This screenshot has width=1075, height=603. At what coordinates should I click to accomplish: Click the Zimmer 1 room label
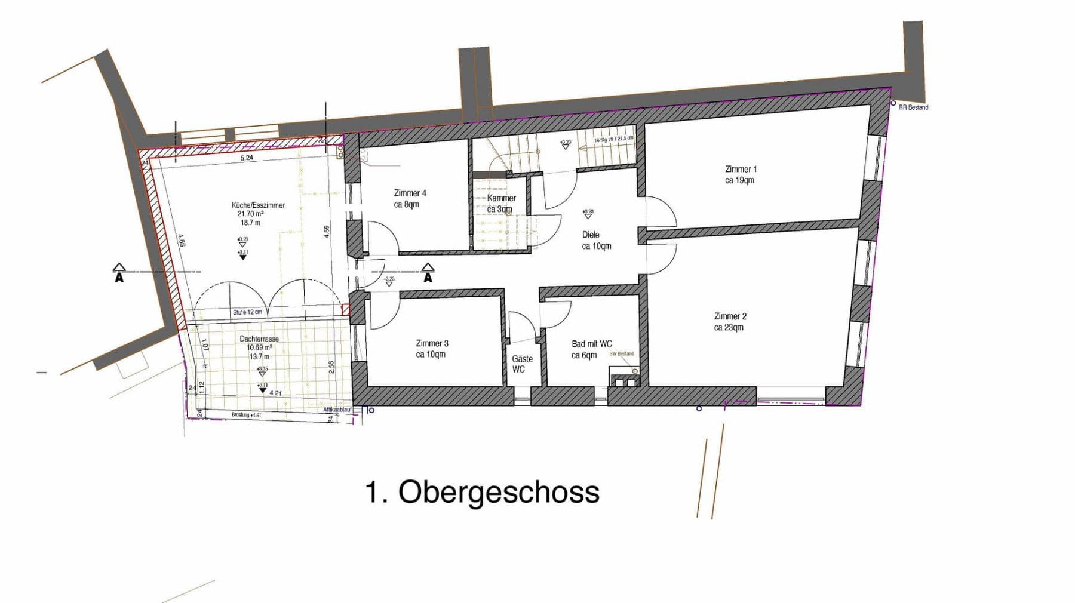[x=740, y=174]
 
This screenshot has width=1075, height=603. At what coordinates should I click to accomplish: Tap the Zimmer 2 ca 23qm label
[x=729, y=322]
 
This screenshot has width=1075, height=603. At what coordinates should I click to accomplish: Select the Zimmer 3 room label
[x=431, y=349]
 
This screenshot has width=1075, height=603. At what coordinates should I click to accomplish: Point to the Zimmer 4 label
[x=410, y=198]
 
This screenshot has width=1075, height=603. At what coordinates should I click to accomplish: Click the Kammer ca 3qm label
[x=501, y=203]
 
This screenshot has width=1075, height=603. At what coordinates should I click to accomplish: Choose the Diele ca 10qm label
[x=596, y=240]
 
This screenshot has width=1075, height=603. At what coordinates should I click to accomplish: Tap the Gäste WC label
[x=521, y=364]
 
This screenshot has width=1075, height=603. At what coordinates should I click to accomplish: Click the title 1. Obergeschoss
[x=481, y=492]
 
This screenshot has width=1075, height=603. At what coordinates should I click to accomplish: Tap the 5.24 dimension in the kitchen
[x=247, y=158]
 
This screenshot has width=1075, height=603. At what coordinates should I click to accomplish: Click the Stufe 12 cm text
[x=247, y=312]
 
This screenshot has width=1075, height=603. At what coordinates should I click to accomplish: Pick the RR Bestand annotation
[x=913, y=107]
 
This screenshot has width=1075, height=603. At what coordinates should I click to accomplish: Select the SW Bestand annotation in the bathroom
[x=621, y=354]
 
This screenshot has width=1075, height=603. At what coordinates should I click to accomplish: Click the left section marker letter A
[x=119, y=278]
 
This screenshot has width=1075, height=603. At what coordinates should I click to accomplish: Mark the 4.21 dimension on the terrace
[x=275, y=393]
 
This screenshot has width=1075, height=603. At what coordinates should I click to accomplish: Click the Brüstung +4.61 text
[x=246, y=415]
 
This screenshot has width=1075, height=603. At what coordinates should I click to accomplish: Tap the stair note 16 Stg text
[x=613, y=139]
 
